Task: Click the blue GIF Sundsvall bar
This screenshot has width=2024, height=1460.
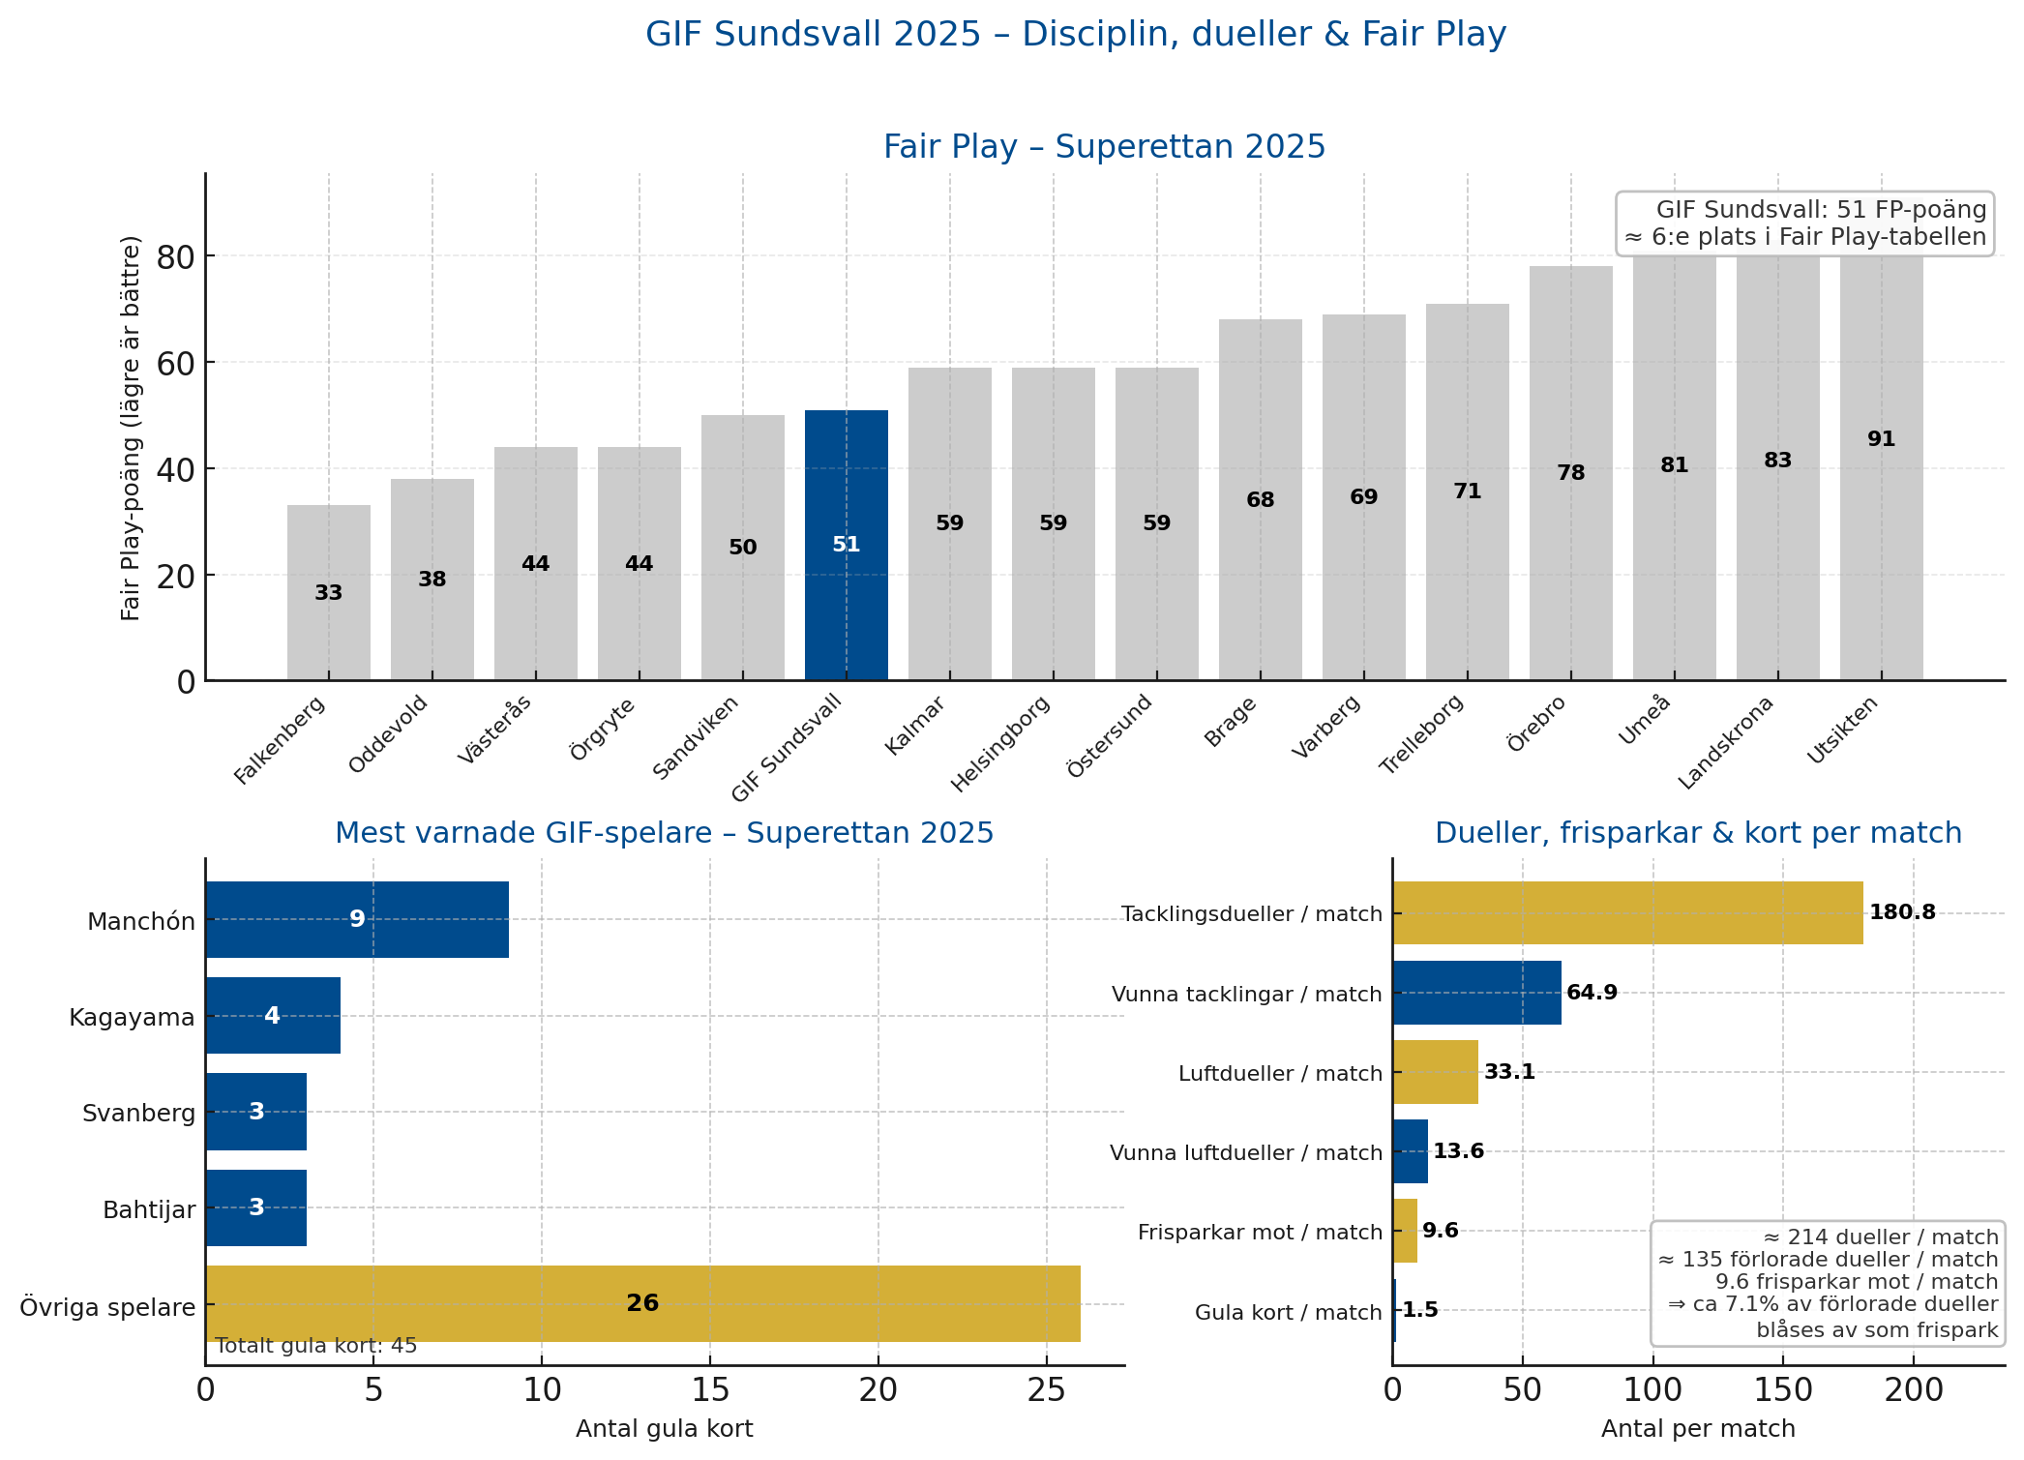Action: tap(846, 545)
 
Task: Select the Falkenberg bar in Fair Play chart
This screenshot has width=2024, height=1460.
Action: tap(328, 592)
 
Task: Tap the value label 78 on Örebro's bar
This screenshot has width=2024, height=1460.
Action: tap(1570, 473)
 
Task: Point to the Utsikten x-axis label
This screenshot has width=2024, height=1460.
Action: tap(1843, 730)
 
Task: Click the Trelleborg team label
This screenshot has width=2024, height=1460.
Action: tap(1421, 734)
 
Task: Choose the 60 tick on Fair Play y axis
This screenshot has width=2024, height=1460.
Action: tap(173, 363)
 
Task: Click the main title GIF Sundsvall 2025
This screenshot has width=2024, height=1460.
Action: tap(1075, 35)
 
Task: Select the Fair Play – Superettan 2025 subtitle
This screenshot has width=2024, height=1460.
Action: tap(1103, 147)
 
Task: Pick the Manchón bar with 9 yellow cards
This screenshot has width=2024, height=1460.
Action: tap(356, 919)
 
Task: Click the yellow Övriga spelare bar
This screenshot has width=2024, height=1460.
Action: tap(641, 1303)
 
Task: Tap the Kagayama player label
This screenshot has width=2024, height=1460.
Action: tap(132, 1017)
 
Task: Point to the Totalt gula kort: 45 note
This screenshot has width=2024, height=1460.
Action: tap(315, 1346)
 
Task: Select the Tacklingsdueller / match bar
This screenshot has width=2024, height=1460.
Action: tap(1627, 912)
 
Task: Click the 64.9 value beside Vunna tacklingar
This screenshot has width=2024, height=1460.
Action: tap(1592, 993)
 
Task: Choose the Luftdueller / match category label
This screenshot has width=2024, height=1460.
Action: tap(1280, 1073)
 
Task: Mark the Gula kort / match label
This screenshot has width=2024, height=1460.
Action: tap(1288, 1312)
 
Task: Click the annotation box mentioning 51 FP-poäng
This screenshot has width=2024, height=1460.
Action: tap(1804, 223)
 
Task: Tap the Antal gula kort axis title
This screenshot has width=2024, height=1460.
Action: tap(664, 1429)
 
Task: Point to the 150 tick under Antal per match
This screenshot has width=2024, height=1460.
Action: tap(1782, 1390)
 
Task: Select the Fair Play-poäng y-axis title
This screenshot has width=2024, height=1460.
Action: tap(132, 428)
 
